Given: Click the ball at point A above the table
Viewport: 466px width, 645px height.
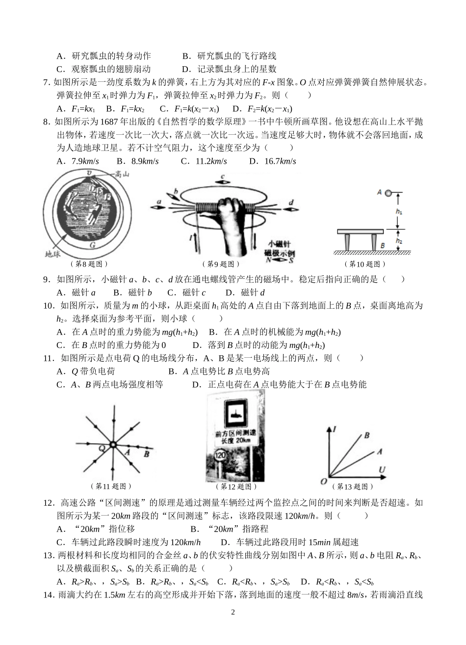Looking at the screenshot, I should (388, 193).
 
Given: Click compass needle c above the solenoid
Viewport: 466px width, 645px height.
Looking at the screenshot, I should (223, 181).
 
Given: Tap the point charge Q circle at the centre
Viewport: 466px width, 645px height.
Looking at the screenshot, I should (113, 445).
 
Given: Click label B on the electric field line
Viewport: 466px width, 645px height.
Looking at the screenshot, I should (146, 454).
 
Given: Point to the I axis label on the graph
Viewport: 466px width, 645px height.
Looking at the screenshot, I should (334, 429).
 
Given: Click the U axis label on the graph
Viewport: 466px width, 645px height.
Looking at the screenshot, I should (382, 471).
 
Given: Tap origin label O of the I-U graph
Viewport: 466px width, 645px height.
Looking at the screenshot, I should (323, 482).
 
